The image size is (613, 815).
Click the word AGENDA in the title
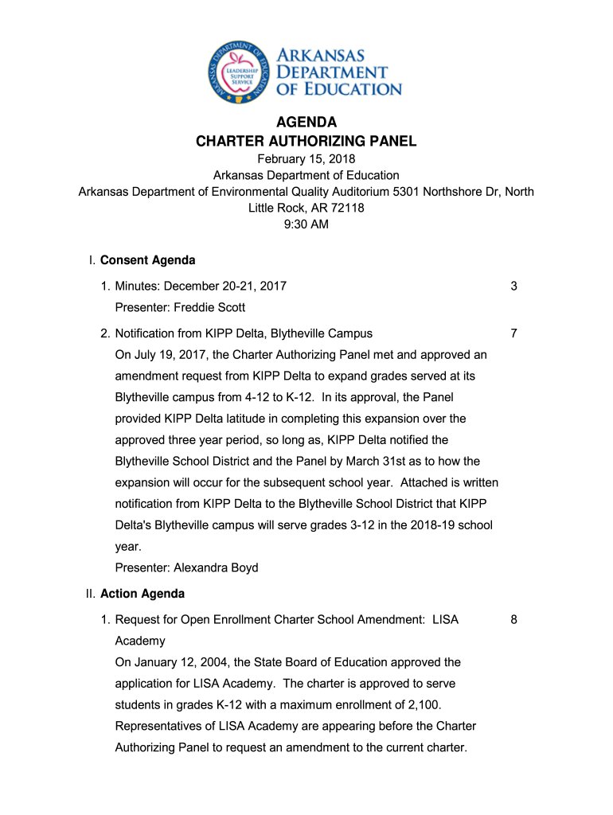click(x=306, y=123)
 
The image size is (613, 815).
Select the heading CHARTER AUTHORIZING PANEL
click(x=306, y=142)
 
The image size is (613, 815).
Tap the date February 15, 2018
click(x=306, y=159)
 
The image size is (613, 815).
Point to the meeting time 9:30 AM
click(x=306, y=224)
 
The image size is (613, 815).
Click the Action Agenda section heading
click(x=143, y=594)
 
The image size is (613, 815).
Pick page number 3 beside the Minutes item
click(x=514, y=286)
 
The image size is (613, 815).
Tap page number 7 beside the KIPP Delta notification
click(x=514, y=333)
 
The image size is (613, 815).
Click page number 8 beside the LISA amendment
click(x=514, y=619)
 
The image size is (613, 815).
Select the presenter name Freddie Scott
click(x=209, y=307)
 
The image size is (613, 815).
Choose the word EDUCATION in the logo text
click(x=350, y=88)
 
